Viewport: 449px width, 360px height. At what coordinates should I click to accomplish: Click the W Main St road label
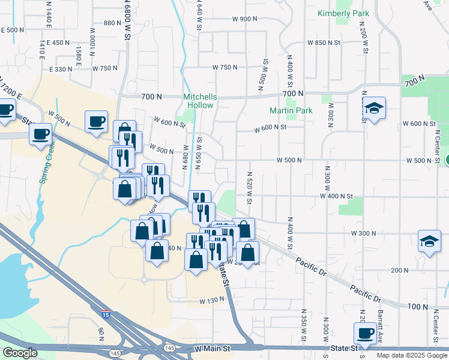pos(212,348)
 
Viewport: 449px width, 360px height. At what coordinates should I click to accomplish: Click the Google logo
pos(20,353)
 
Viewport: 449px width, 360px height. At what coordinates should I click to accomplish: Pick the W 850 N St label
pos(324,43)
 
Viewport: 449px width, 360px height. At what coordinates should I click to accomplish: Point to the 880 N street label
pos(112,23)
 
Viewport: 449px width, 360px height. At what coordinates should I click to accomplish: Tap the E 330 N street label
pos(59,69)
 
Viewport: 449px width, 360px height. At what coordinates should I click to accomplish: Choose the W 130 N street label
pos(211,300)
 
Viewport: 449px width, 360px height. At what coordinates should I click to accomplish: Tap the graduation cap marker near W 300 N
pos(429,241)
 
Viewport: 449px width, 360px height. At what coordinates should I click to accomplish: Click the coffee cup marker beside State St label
pos(364,332)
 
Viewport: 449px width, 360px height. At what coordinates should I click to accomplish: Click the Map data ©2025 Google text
pos(412,355)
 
